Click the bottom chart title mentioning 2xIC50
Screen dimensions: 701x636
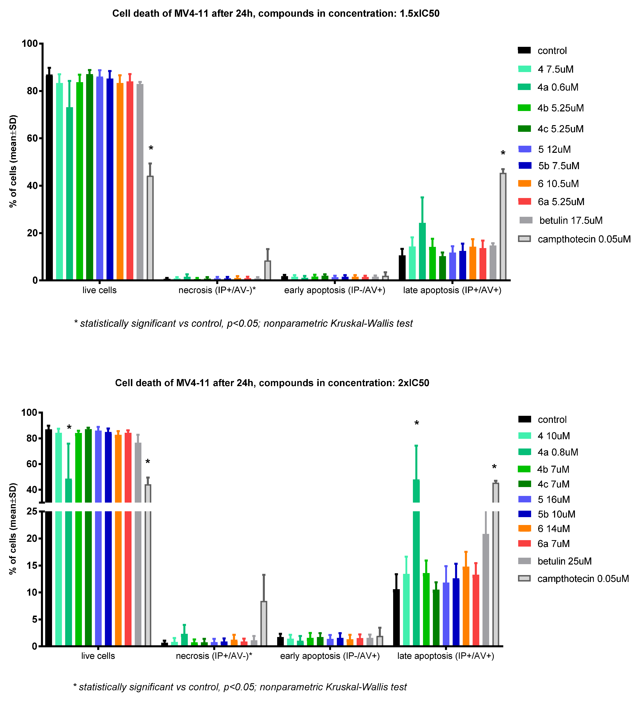point(272,383)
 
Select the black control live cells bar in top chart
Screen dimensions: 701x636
point(49,177)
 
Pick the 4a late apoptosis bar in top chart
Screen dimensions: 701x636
point(422,251)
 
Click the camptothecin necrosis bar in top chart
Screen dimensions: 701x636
point(268,270)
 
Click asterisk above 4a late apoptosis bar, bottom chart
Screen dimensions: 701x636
point(416,423)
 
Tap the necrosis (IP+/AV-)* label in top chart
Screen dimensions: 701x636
point(217,290)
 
